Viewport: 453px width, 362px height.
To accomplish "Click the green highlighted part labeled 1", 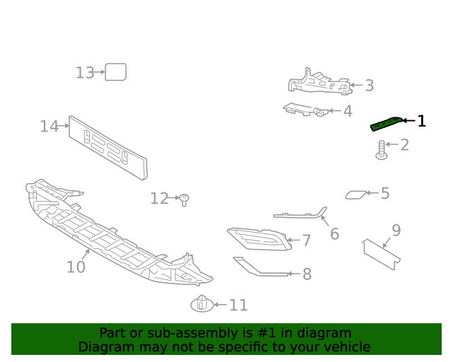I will (x=386, y=124).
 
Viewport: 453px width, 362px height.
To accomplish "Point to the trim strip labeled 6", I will (x=301, y=215).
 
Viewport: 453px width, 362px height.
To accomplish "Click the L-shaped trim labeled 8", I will (x=259, y=268).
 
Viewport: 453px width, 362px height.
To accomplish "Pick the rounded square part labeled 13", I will (x=115, y=71).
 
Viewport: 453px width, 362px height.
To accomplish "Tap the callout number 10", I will (x=76, y=267).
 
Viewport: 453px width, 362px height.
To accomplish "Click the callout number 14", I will (x=49, y=127).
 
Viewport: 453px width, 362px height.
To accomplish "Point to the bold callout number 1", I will (x=422, y=121).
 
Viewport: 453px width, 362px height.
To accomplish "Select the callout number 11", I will (x=238, y=305).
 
